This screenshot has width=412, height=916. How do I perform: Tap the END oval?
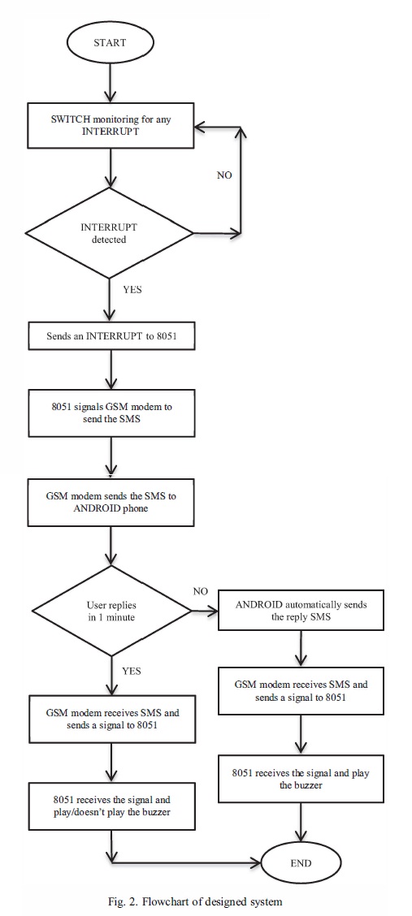(301, 863)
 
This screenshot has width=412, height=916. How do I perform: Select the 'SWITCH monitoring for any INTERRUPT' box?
(111, 128)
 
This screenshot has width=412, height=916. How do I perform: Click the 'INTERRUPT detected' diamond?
(109, 233)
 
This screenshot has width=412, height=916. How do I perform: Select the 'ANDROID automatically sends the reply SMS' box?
(301, 611)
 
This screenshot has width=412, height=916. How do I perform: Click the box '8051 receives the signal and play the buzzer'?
(301, 779)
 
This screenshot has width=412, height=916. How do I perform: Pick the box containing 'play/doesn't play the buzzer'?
(111, 806)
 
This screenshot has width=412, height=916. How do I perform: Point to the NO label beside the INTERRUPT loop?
(224, 175)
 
